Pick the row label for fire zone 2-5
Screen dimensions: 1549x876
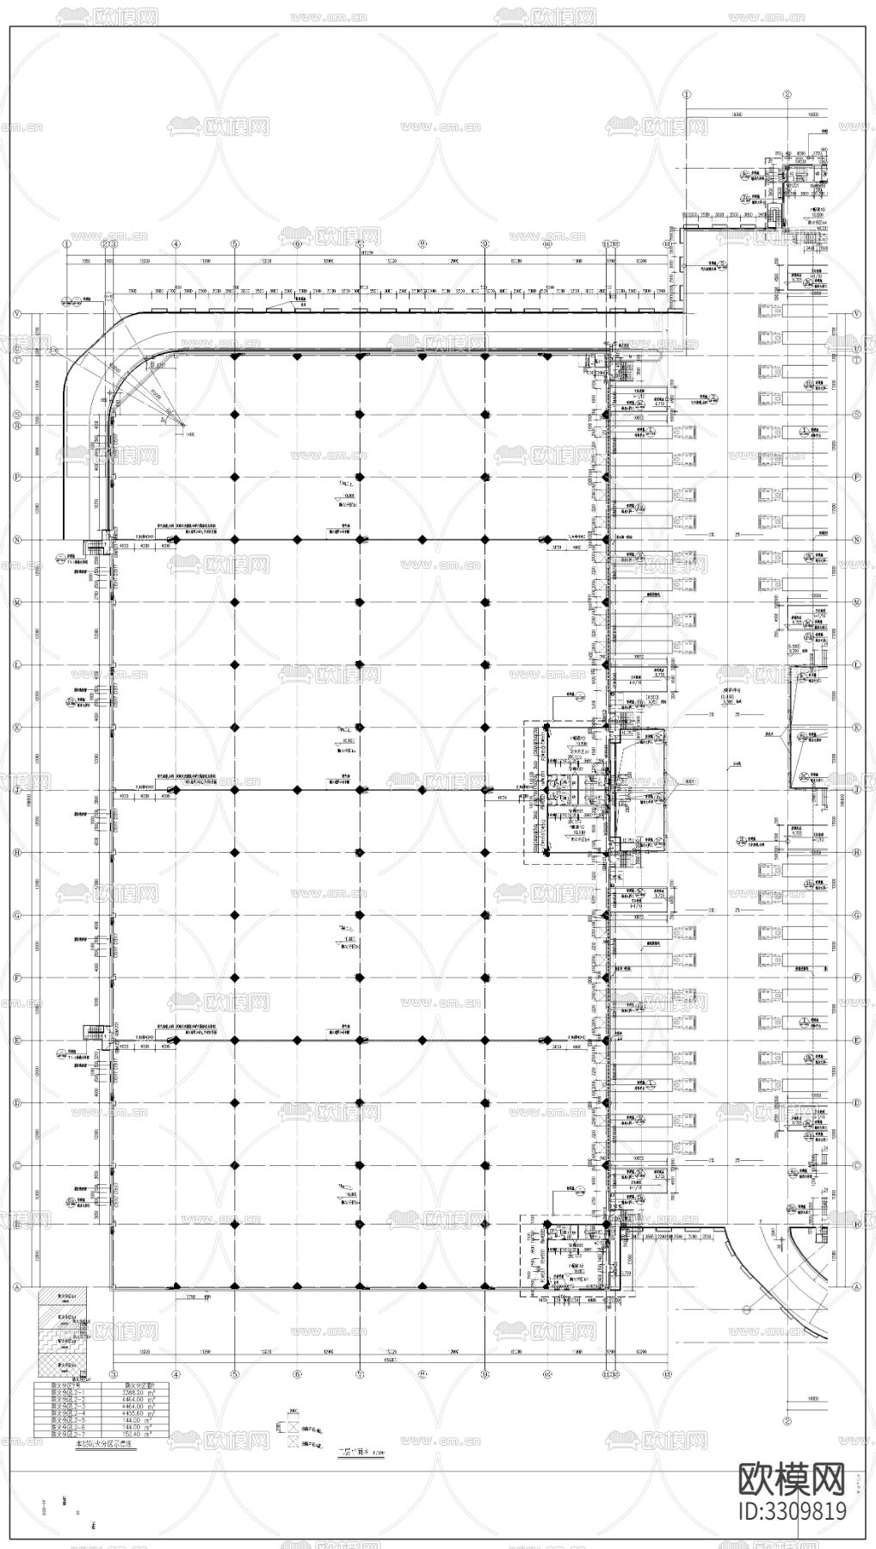66,1420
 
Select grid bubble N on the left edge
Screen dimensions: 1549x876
16,540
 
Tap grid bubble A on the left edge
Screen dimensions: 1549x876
16,1287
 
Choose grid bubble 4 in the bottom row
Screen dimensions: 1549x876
176,1374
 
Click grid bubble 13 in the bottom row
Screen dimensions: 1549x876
668,1374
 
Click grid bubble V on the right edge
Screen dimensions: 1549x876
857,315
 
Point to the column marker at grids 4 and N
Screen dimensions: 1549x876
176,540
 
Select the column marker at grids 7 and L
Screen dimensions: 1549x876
360,664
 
